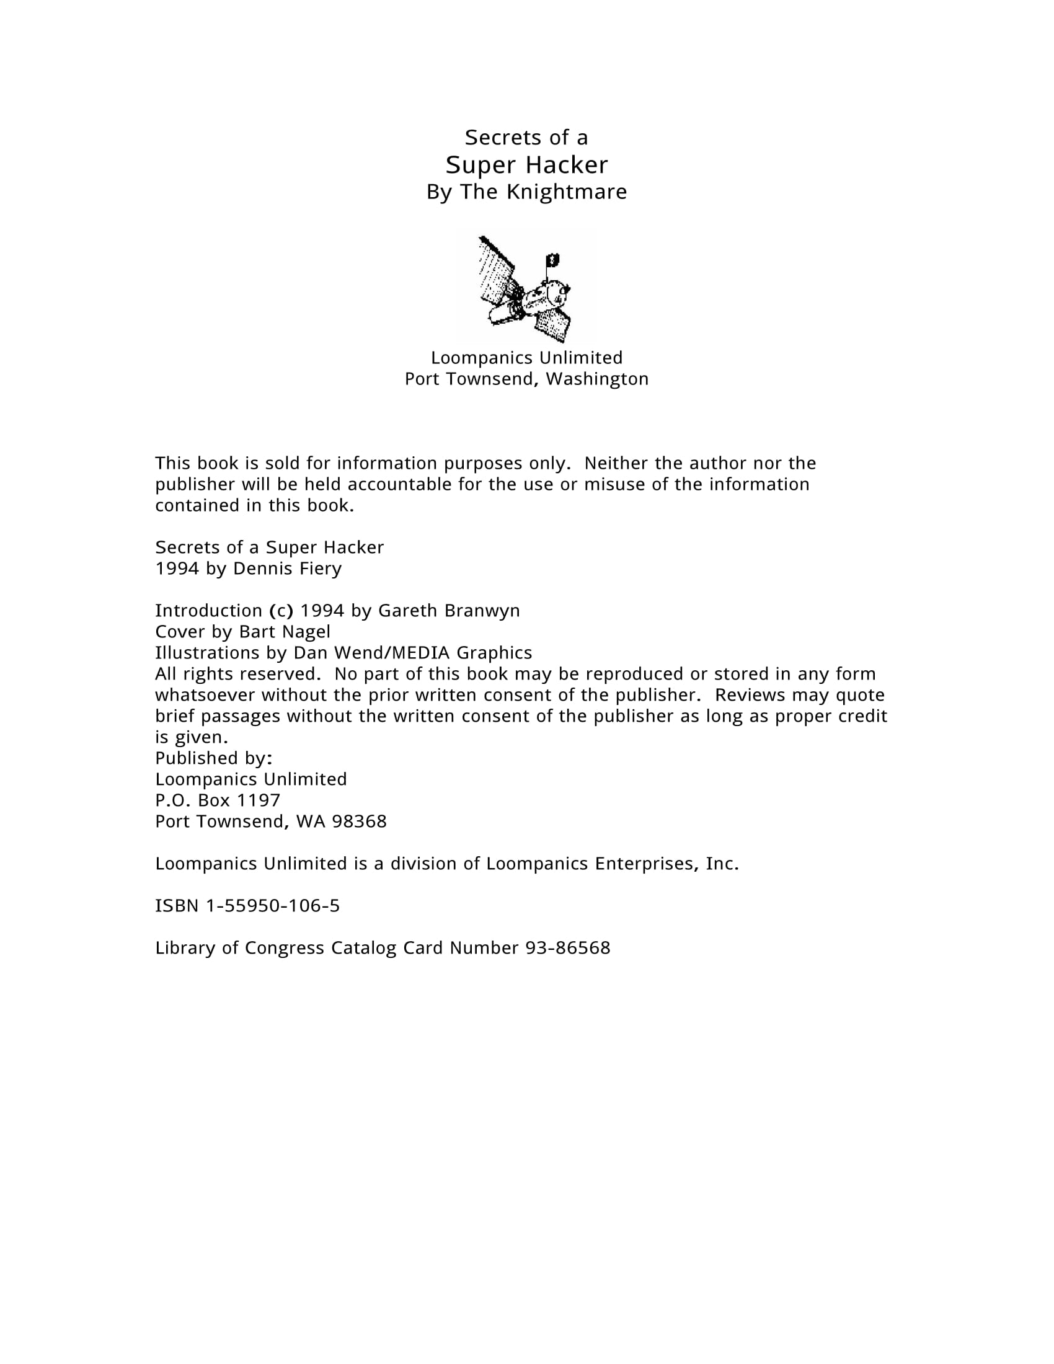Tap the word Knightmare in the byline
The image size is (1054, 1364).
tap(566, 192)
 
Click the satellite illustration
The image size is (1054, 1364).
tap(526, 287)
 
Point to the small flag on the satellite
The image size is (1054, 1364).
tap(552, 259)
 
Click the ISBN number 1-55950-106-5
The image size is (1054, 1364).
tap(273, 906)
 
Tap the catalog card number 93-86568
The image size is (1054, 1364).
tap(567, 947)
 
